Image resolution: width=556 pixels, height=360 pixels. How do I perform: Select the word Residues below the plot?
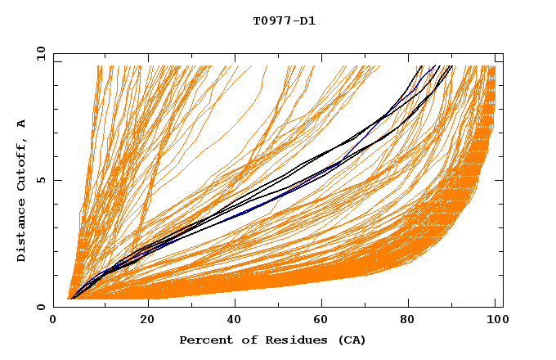[287, 340]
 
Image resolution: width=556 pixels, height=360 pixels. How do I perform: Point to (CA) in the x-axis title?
[350, 340]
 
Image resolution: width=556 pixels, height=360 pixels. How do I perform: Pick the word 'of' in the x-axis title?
[244, 340]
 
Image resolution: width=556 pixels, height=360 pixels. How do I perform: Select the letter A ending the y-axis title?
[21, 123]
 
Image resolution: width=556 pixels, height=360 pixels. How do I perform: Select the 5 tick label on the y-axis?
[41, 180]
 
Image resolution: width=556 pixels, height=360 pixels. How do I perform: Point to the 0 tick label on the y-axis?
[41, 307]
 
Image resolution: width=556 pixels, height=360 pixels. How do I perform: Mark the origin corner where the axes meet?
[54, 307]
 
